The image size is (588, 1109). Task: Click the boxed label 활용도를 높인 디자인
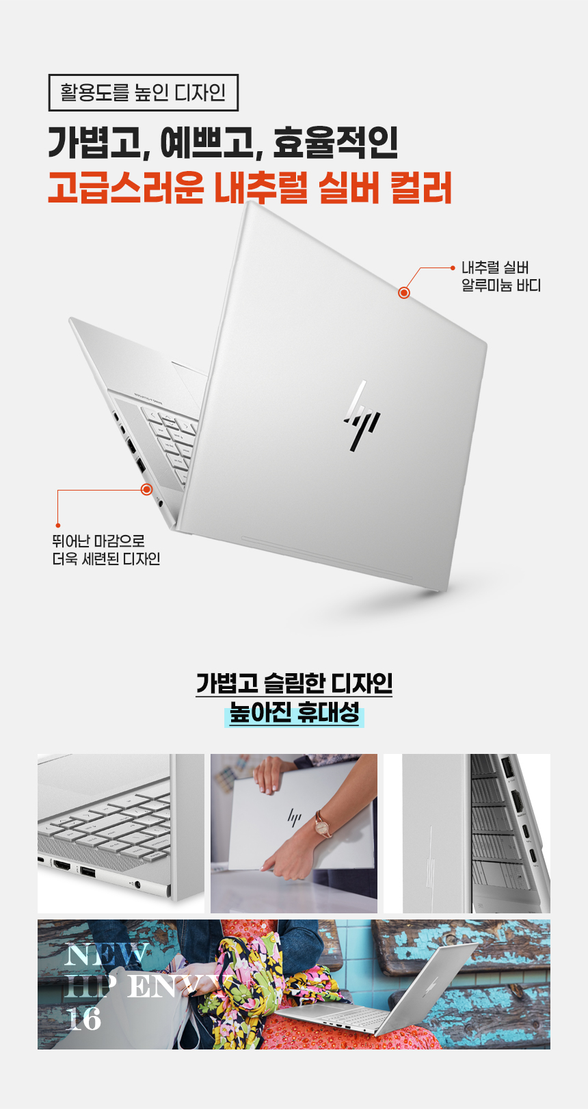[143, 92]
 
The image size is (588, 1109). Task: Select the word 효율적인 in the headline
[335, 142]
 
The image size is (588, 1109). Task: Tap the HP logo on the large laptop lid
[362, 416]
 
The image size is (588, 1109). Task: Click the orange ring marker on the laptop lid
[404, 293]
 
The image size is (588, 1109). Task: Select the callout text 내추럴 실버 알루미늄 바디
[501, 276]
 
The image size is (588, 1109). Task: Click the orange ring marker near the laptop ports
[146, 489]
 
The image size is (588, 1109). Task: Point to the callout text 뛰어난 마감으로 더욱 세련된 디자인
[106, 549]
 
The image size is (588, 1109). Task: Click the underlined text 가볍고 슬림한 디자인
[294, 683]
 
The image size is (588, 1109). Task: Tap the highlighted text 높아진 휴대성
[295, 714]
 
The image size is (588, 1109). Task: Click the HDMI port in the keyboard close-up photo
[62, 866]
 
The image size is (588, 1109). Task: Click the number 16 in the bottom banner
[83, 1019]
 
